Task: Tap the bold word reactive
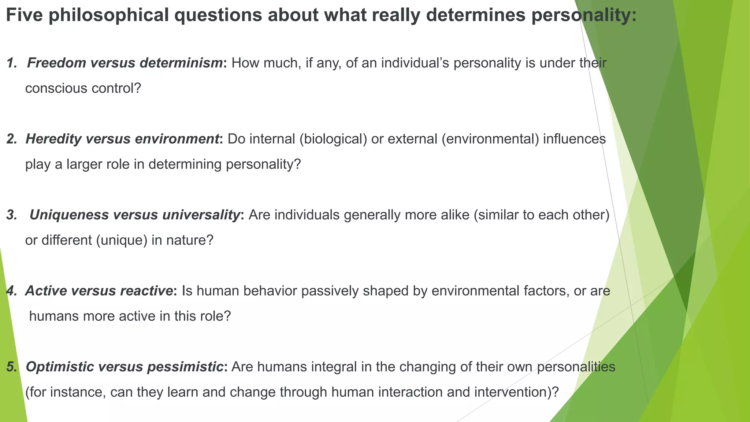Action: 146,290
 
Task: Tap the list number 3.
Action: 12,215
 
